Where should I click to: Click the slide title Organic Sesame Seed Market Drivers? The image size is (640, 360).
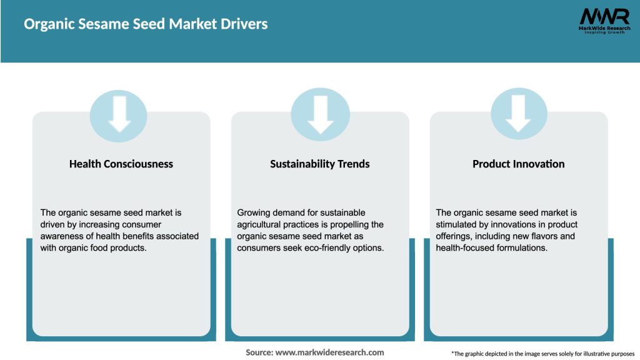tap(146, 24)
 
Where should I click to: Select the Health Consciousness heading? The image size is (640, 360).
tap(121, 164)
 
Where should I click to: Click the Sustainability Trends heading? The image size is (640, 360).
tap(320, 164)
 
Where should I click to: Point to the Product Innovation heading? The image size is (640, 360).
tap(519, 164)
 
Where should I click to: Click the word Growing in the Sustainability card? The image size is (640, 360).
tap(254, 213)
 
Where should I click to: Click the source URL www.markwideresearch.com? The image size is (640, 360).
tap(329, 352)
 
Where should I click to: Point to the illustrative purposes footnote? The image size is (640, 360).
tap(542, 354)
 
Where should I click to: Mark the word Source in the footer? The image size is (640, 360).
tap(259, 352)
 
